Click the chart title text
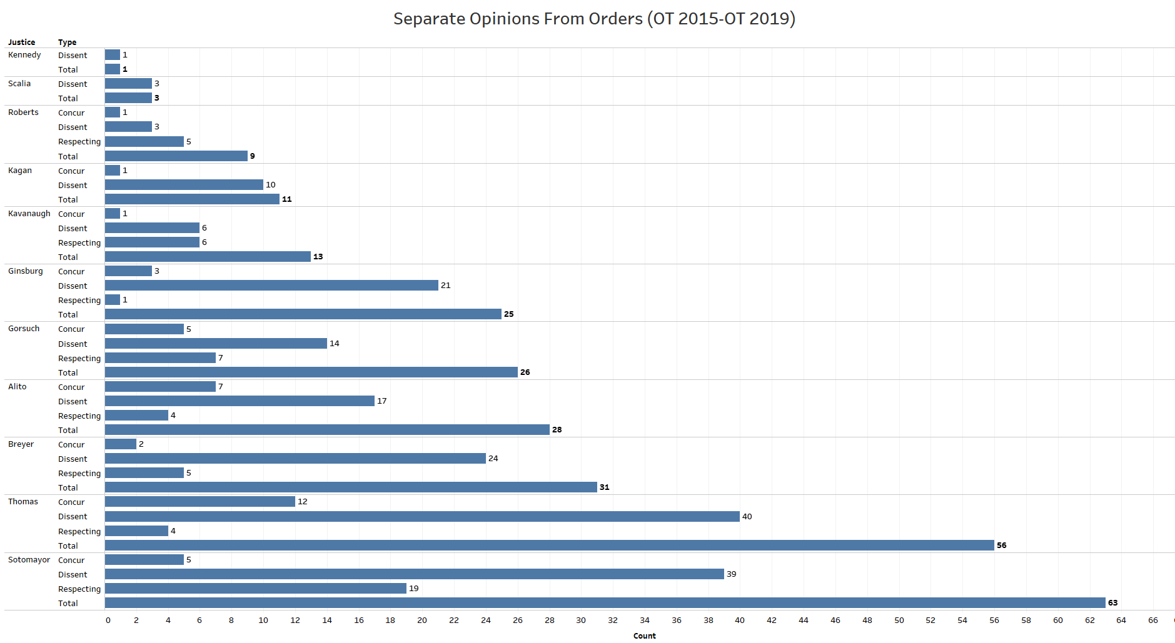coord(594,19)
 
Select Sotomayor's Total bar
coord(605,603)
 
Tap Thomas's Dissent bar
coord(422,517)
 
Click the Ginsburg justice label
coord(26,271)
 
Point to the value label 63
coord(1112,603)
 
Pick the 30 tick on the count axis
coord(581,621)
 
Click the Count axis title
coord(644,636)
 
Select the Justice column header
coord(21,42)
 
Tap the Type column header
coord(67,42)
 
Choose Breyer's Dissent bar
coord(295,459)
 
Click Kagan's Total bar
coord(192,199)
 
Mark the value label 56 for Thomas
coord(1001,546)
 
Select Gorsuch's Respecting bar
coord(160,358)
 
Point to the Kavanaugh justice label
coord(29,214)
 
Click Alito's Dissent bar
coord(240,401)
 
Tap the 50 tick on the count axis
coord(899,621)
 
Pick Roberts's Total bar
coord(176,156)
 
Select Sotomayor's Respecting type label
coord(79,589)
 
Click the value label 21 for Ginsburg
coord(445,286)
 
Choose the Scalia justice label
coord(19,84)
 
